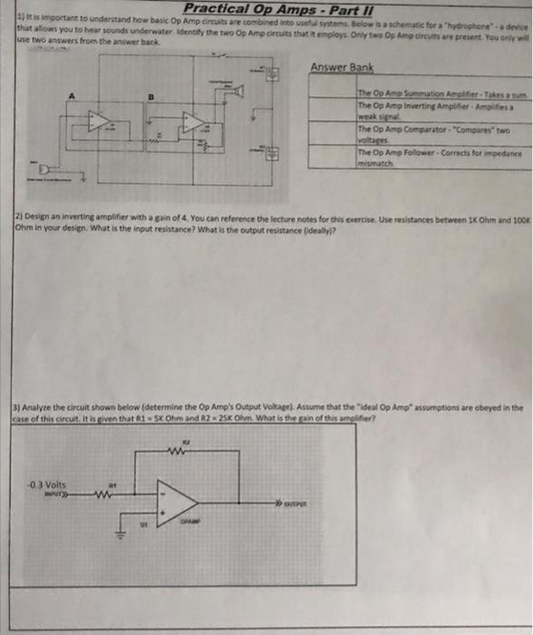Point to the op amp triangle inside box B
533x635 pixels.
coord(191,123)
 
